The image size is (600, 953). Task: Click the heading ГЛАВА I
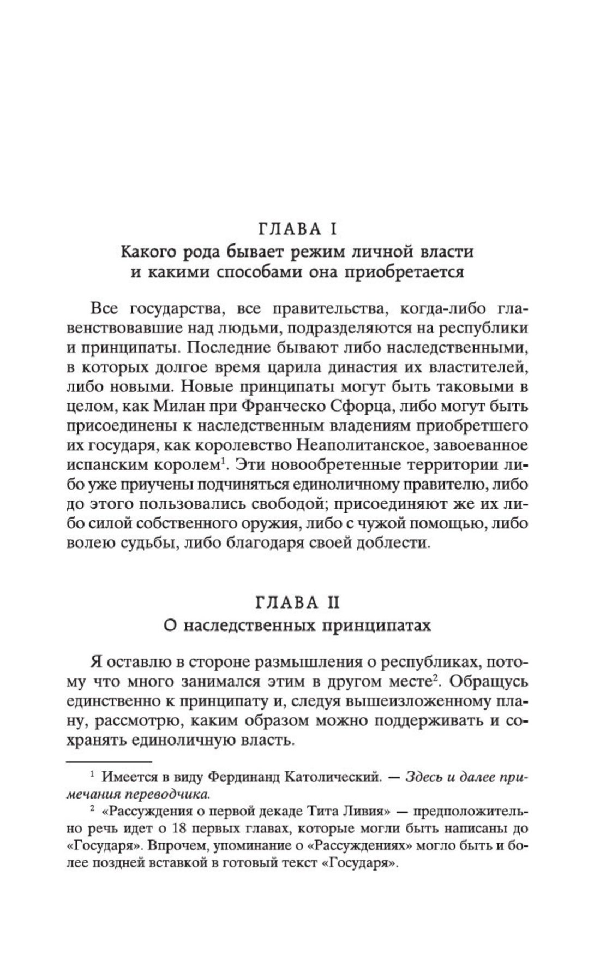click(297, 229)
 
